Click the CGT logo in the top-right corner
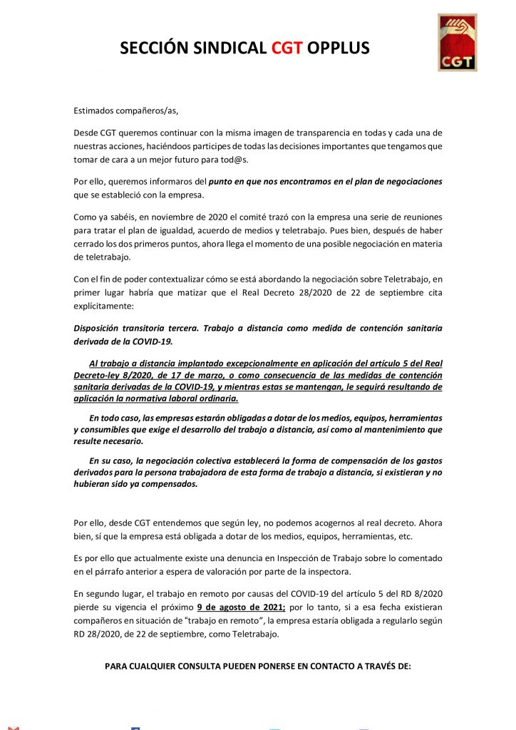click(x=458, y=42)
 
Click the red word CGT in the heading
click(x=287, y=48)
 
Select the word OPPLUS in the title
click(x=339, y=48)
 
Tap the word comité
click(x=242, y=217)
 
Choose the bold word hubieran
click(x=95, y=483)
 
